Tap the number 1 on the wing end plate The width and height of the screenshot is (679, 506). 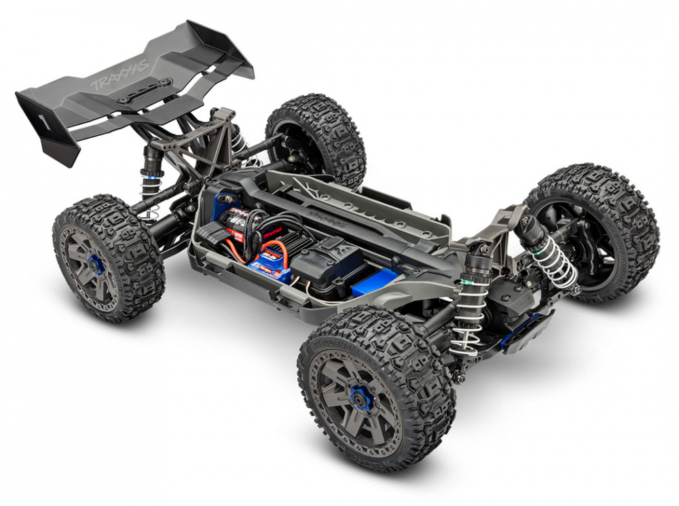point(45,123)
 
